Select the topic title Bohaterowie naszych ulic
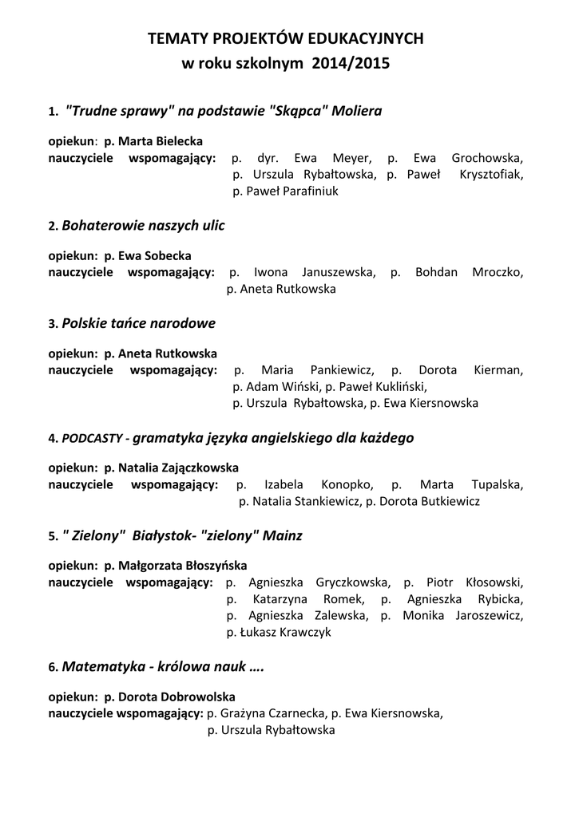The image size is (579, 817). click(143, 226)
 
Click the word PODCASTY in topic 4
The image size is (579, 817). click(92, 438)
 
